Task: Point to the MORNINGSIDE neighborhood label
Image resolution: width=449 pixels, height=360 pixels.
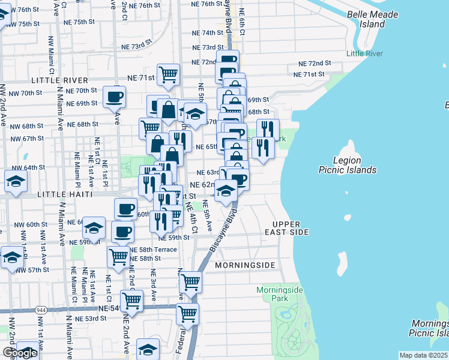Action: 244,265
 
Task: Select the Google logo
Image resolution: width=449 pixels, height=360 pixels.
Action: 19,353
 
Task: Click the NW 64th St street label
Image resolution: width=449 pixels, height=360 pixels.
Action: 28,167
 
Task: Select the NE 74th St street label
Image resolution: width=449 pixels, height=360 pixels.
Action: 208,32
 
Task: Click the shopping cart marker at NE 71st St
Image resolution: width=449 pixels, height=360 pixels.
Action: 169,74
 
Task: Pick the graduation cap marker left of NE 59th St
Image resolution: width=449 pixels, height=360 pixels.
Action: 94,228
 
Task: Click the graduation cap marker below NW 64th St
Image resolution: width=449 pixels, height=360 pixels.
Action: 16,181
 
